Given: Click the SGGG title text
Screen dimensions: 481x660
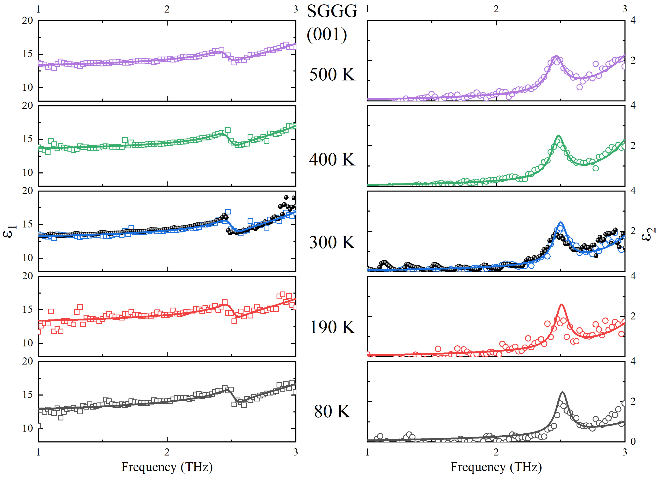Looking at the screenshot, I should point(332,12).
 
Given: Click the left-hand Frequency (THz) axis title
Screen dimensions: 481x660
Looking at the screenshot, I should point(167,467).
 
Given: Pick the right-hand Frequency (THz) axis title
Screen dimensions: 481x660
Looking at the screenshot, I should point(496,467).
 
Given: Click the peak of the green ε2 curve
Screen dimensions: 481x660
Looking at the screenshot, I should point(558,136).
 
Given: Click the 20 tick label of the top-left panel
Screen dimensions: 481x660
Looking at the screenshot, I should point(28,21).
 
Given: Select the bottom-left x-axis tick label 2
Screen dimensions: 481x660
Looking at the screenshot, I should point(167,452).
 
